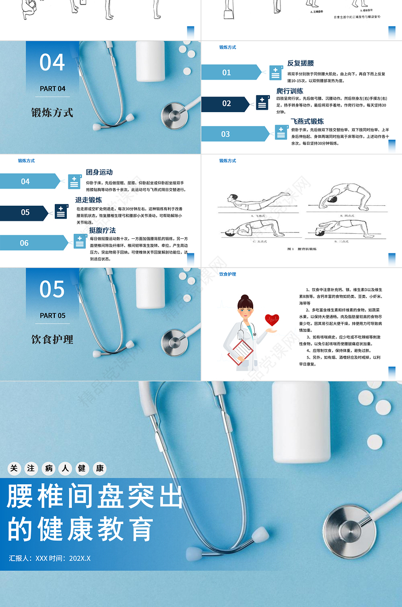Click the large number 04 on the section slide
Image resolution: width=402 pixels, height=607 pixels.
[52, 63]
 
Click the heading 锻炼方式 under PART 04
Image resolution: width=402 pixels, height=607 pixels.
[52, 113]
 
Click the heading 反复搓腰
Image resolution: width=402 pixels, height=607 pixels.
[300, 63]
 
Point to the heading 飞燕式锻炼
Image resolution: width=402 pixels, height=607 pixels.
[307, 121]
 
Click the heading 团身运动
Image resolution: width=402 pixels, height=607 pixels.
[99, 172]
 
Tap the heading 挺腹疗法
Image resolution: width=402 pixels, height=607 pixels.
[103, 230]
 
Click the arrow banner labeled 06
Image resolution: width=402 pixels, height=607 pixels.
[30, 243]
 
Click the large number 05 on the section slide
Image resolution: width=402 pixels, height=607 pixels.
[52, 290]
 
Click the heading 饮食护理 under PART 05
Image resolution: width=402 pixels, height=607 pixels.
[52, 339]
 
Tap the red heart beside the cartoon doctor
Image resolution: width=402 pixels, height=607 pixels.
[272, 319]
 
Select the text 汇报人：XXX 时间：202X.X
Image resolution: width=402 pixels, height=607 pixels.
[50, 558]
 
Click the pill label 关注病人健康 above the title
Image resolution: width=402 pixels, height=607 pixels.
[57, 469]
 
